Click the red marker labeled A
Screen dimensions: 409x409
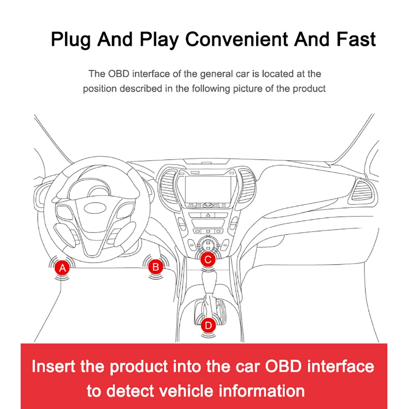pos(63,268)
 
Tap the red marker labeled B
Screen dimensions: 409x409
pos(156,267)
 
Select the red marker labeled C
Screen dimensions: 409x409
pos(208,259)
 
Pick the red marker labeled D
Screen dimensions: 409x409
pos(208,325)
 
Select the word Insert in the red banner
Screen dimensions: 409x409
pos(54,366)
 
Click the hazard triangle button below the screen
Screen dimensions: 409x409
pos(208,215)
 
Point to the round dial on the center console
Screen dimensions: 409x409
pos(208,246)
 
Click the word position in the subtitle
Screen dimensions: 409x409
pos(101,89)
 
